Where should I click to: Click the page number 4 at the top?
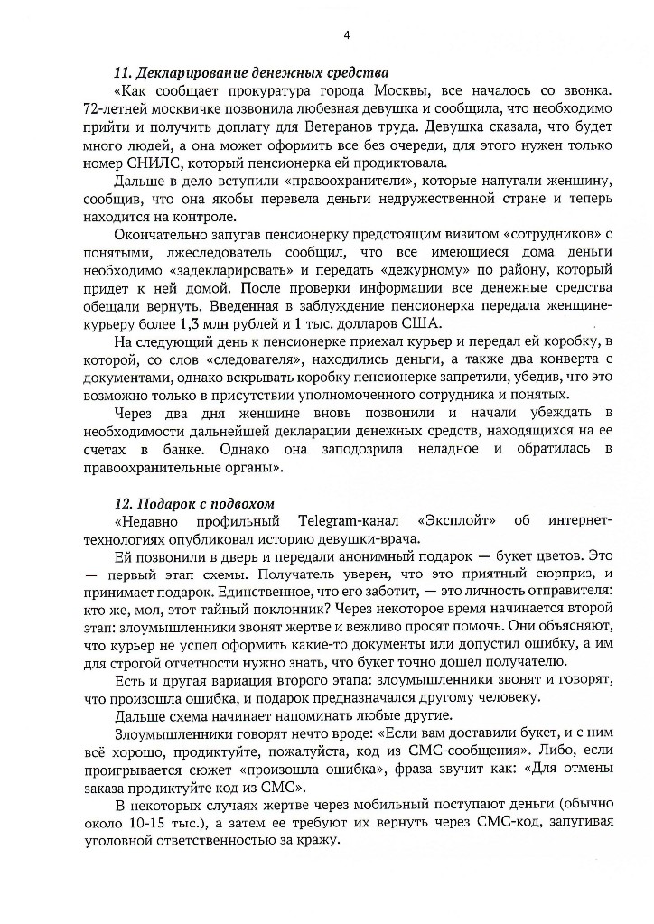tap(347, 35)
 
